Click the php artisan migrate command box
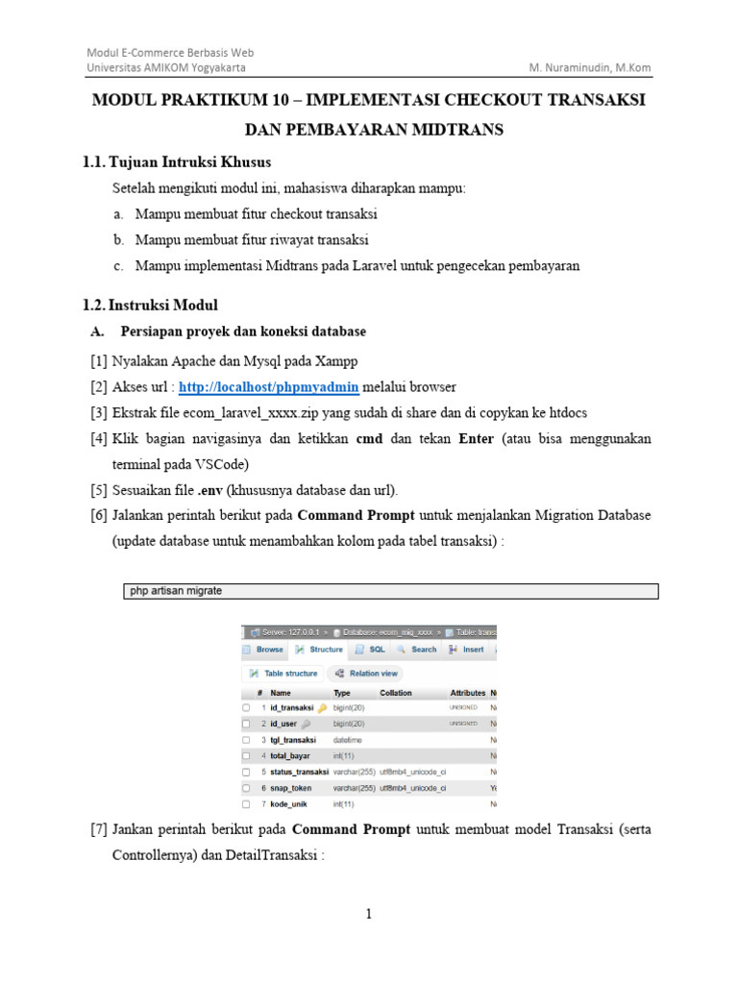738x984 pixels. click(x=391, y=591)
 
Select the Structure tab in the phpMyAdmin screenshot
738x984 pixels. click(x=320, y=650)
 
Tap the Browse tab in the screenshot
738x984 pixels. click(x=263, y=650)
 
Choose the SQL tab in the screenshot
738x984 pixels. click(x=371, y=650)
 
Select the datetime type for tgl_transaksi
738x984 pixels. click(x=347, y=740)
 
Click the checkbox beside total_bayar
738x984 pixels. click(x=247, y=755)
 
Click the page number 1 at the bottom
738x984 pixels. click(x=368, y=915)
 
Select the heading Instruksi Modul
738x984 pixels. click(x=162, y=306)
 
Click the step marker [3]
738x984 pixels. click(x=99, y=412)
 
